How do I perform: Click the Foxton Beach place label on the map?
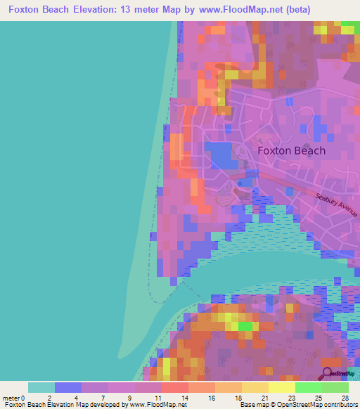pyautogui.click(x=291, y=150)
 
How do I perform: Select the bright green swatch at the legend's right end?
pyautogui.click(x=335, y=387)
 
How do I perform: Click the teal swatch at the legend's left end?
pyautogui.click(x=41, y=387)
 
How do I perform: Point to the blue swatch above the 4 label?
pyautogui.click(x=68, y=387)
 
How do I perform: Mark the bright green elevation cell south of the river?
pyautogui.click(x=245, y=326)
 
